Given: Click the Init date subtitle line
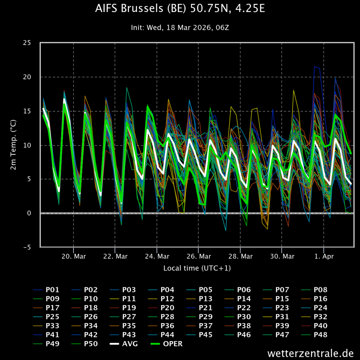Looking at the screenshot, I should tap(180, 27).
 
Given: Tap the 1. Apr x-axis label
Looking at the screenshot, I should tap(323, 256).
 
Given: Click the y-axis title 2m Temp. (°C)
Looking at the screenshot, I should tap(13, 145).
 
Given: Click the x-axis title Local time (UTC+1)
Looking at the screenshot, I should tap(197, 268).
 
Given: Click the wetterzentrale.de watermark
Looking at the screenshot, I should tap(310, 353).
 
